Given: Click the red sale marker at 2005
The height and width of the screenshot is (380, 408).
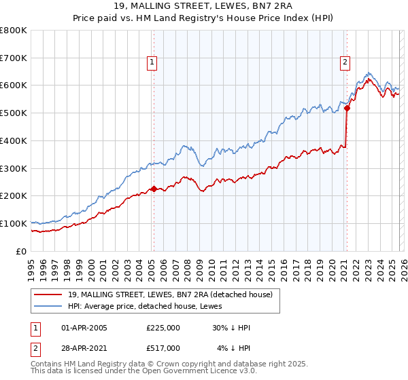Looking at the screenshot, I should (154, 189).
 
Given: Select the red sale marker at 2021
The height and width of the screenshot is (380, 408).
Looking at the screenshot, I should (347, 107).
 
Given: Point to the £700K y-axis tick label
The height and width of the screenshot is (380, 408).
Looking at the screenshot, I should (14, 58).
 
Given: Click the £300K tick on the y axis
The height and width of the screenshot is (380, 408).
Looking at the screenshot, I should (14, 168).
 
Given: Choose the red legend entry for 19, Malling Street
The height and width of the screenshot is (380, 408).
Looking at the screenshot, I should (170, 294).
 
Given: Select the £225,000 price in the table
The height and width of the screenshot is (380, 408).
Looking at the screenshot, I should (163, 328).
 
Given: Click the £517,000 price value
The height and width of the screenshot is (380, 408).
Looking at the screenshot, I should (163, 347).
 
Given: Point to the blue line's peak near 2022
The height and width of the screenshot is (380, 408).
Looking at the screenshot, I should (368, 72).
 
